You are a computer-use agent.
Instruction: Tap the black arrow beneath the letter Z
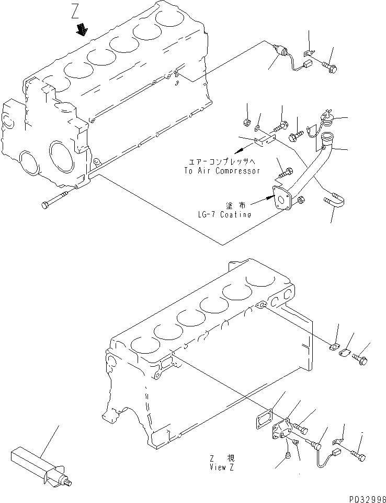click(82, 30)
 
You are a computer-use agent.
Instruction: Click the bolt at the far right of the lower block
click(361, 360)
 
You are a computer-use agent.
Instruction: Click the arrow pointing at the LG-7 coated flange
click(262, 201)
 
